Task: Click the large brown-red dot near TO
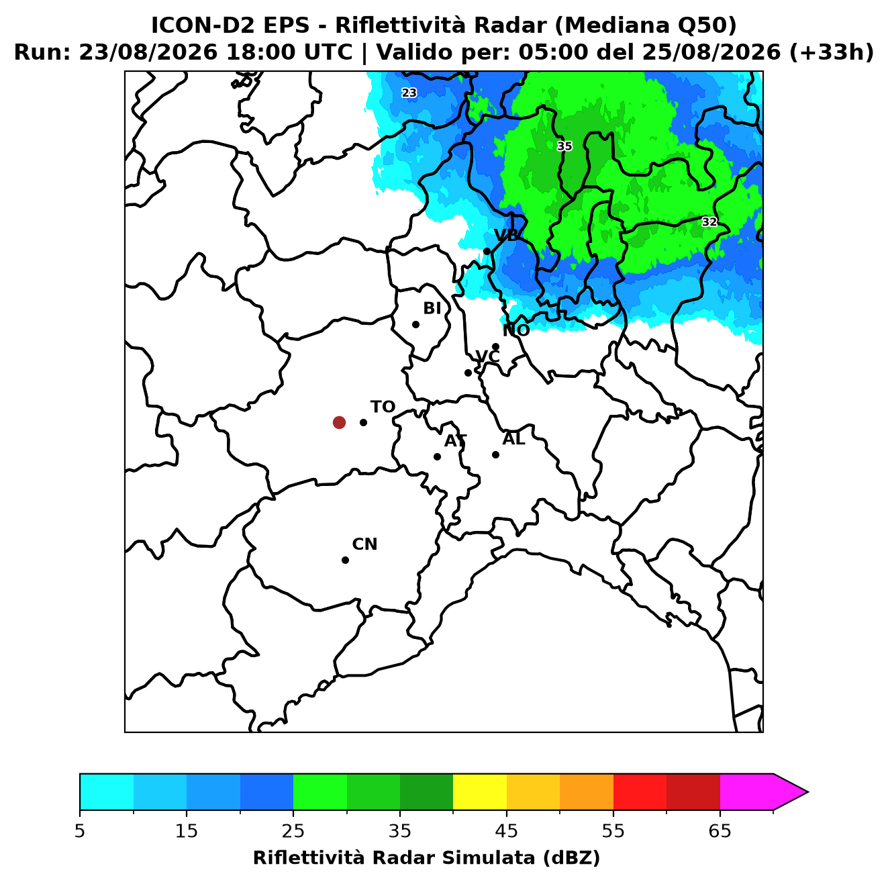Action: pos(339,422)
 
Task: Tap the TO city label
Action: pos(383,407)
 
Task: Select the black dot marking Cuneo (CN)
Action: pos(345,560)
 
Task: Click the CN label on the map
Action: pos(364,544)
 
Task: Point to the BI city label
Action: pos(432,309)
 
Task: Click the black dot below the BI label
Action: pos(415,325)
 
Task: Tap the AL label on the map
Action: pos(514,439)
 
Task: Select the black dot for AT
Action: pos(438,457)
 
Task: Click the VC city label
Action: pos(487,356)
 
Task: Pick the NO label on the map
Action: pos(516,330)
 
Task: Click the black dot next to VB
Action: pos(487,251)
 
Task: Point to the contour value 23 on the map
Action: pos(409,93)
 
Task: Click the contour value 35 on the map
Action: pos(564,146)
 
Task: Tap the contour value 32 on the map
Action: pos(709,222)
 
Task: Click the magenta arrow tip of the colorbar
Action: pos(808,793)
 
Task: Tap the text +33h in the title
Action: pos(832,52)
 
